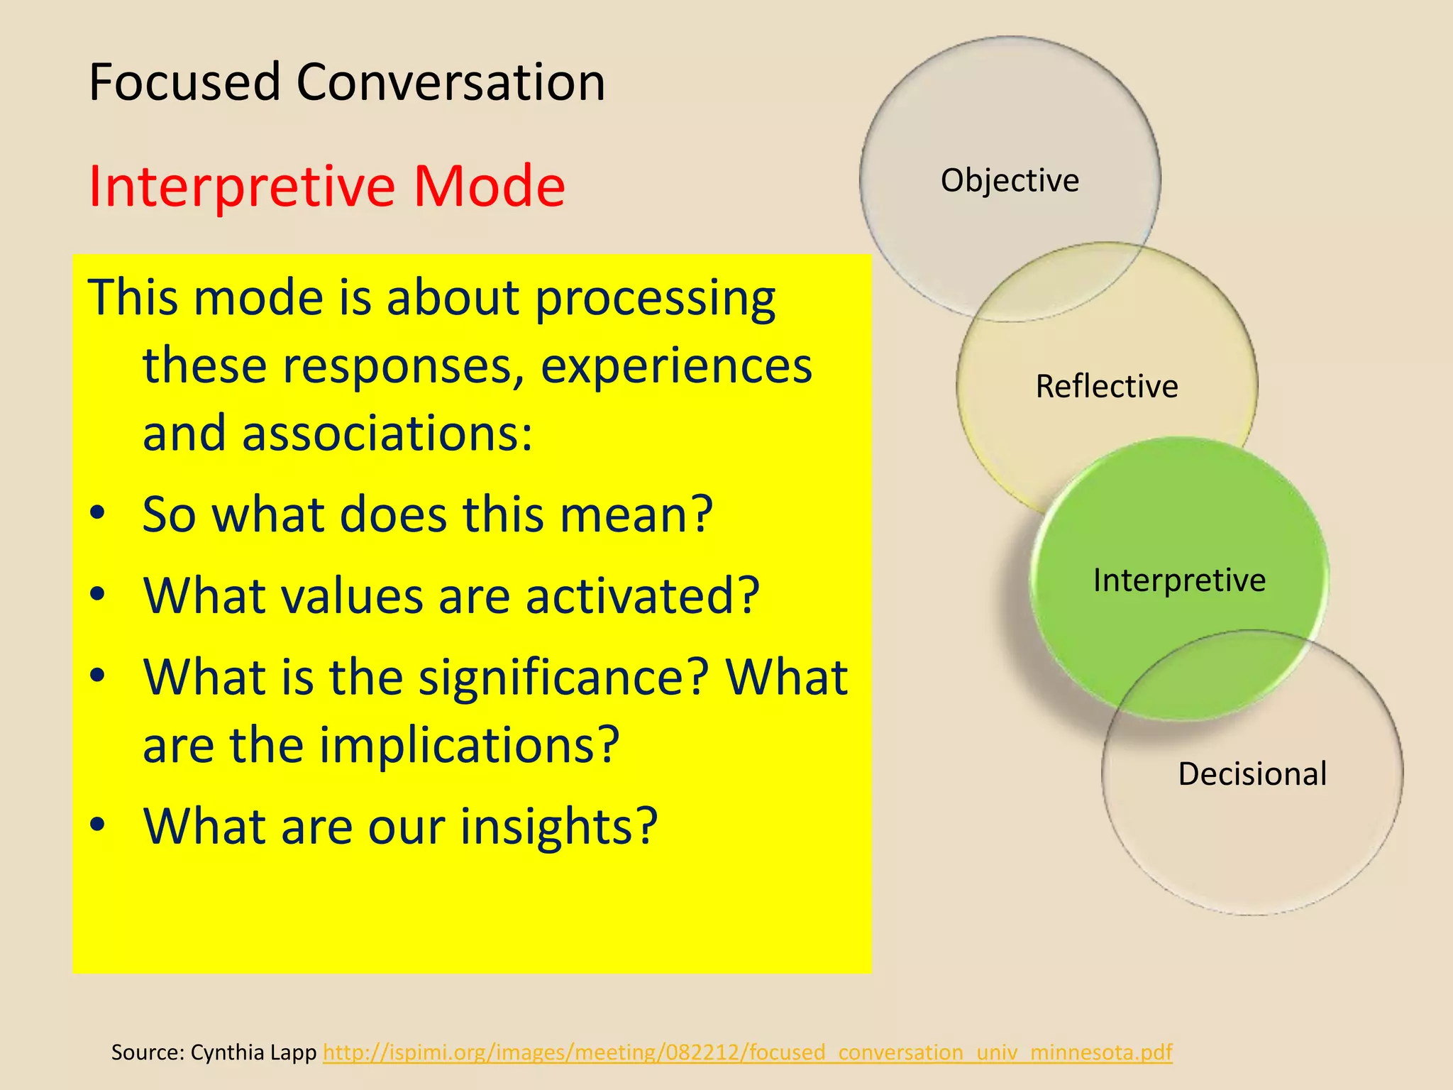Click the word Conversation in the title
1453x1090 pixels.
(451, 82)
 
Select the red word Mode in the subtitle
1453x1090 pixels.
(489, 186)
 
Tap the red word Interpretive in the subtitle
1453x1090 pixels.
(241, 186)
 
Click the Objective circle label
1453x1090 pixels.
(1010, 180)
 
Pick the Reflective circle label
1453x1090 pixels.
(1107, 387)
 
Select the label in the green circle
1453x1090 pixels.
(1179, 580)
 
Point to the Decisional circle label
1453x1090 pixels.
(1252, 774)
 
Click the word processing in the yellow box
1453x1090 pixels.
(655, 298)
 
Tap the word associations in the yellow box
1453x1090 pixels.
(387, 433)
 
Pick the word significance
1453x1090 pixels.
(564, 677)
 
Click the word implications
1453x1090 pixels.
(469, 745)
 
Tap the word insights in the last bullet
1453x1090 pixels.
(559, 826)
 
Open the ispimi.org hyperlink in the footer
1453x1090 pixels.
(747, 1052)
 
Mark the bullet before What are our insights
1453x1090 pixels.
(98, 825)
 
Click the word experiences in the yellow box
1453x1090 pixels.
(676, 365)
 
